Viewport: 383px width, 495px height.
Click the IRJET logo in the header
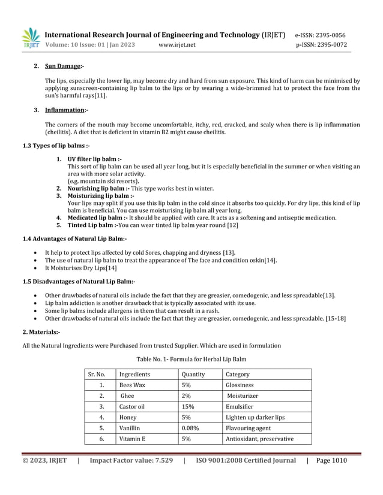coord(31,38)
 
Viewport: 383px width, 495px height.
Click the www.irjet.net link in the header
coord(177,45)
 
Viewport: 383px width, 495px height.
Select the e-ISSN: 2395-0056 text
coord(321,35)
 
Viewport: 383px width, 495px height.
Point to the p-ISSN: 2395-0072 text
coord(321,45)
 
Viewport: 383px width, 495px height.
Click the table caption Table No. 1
coord(191,359)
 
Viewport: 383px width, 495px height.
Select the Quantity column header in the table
coord(193,374)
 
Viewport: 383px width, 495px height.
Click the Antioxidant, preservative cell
coord(259,439)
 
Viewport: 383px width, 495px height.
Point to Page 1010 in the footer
coord(331,461)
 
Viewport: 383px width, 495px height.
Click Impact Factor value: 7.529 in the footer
coord(131,461)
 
